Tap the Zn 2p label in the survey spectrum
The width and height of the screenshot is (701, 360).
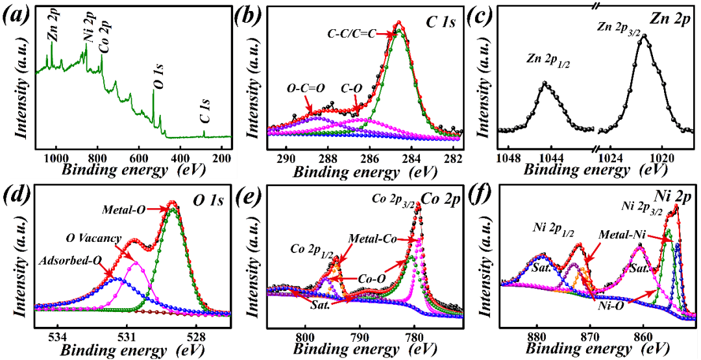[52, 29]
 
